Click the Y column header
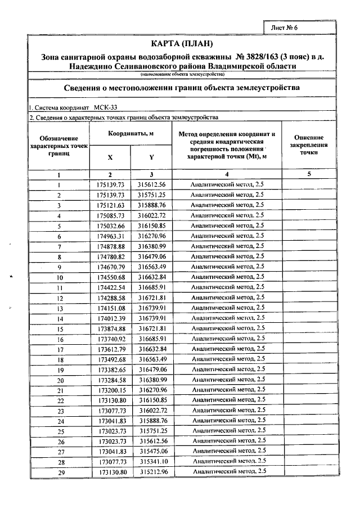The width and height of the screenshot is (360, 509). tap(151, 157)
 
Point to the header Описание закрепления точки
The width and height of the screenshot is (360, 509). tap(308, 145)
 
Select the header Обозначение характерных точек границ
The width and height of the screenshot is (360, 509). tap(58, 145)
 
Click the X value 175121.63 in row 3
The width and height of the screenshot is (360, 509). tap(110, 205)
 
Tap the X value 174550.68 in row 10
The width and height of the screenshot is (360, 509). tap(110, 277)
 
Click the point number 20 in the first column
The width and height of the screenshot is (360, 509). tap(59, 380)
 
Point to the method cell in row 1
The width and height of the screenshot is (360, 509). tap(227, 184)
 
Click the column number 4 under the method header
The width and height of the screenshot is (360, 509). tap(227, 174)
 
